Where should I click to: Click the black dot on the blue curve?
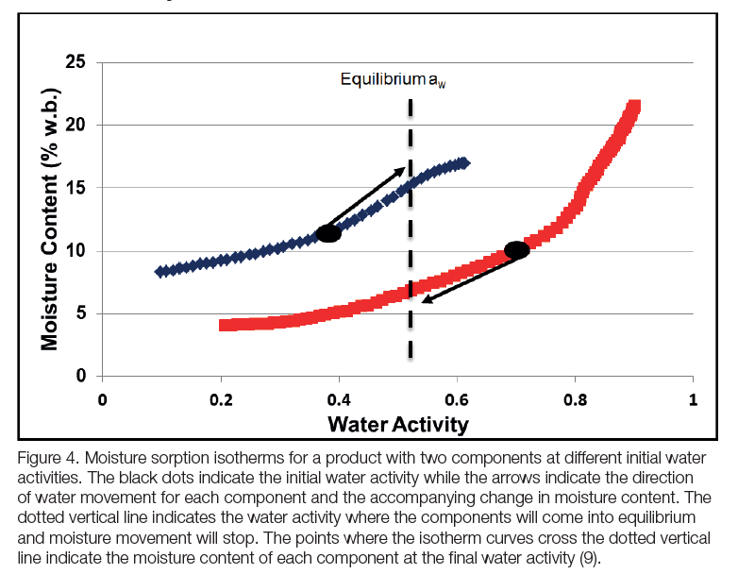328,233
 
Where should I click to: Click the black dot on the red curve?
516,250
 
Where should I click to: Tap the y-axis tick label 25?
75,62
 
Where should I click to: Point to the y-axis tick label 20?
75,125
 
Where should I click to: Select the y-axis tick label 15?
75,188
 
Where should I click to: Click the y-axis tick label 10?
75,251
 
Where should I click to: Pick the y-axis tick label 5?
80,313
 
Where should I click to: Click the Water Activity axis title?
397,424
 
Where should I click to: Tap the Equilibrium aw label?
393,80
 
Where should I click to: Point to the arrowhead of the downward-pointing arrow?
426,300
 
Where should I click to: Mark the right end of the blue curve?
463,163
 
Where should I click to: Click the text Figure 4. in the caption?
44,459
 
